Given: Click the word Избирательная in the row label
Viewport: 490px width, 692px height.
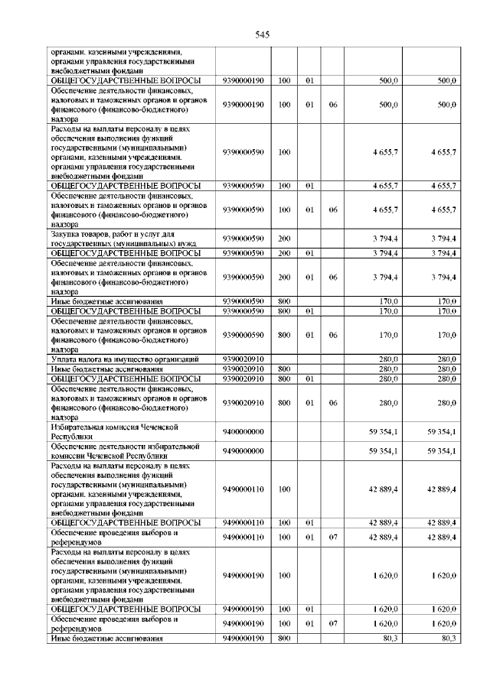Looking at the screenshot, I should (77, 427).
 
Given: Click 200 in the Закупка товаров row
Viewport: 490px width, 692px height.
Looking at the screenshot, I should (284, 239).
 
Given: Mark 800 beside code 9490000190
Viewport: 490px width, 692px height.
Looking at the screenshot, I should (284, 637).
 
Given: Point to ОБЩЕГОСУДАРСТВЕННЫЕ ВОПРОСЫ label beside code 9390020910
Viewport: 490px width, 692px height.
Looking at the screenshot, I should (126, 378).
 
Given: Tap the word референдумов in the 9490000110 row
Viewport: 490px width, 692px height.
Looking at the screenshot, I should (73, 542).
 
